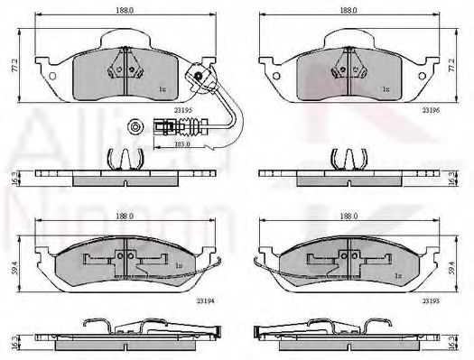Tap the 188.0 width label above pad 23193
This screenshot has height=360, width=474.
tap(347, 217)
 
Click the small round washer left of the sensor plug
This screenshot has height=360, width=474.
tap(135, 126)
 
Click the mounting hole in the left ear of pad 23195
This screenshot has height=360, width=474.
tap(53, 77)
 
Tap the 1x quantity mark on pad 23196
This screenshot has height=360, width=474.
tap(385, 88)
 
